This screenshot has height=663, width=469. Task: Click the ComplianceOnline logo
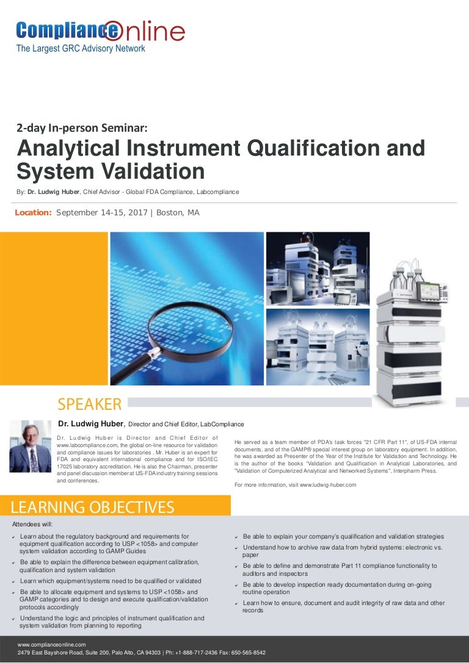tap(100, 30)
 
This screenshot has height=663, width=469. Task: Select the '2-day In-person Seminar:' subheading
tap(82, 128)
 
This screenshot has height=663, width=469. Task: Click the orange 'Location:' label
tap(33, 213)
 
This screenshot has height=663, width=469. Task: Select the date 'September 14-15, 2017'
tap(103, 213)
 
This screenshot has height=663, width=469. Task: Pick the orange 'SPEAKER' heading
tap(89, 404)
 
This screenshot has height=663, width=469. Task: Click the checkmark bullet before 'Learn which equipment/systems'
tap(13, 581)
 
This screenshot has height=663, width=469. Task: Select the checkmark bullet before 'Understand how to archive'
tap(236, 548)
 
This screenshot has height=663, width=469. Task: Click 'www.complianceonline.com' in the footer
tap(52, 644)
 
